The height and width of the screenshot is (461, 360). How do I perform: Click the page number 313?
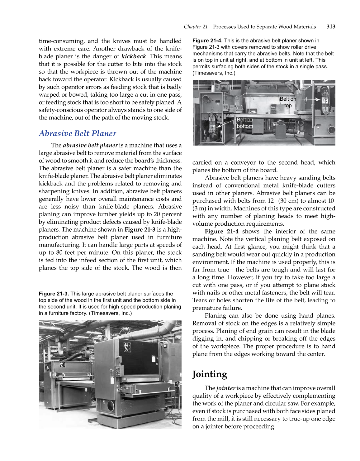pyautogui.click(x=331, y=27)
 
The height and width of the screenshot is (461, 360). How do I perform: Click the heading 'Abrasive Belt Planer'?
pyautogui.click(x=77, y=133)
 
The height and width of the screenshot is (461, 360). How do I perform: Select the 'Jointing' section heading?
pyautogui.click(x=210, y=374)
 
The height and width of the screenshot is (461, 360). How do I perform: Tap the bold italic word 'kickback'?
pyautogui.click(x=134, y=56)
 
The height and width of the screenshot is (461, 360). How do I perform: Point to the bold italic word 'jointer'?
pyautogui.click(x=226, y=388)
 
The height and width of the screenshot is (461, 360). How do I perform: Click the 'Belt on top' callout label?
pyautogui.click(x=288, y=102)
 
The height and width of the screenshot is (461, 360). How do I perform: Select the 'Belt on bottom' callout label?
pyautogui.click(x=245, y=123)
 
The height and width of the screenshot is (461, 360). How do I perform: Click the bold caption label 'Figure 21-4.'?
pyautogui.click(x=207, y=41)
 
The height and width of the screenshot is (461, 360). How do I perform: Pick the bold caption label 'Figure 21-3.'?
pyautogui.click(x=54, y=294)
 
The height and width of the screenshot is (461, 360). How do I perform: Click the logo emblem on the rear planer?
pyautogui.click(x=62, y=364)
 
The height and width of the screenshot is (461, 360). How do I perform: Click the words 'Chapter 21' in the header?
pyautogui.click(x=196, y=27)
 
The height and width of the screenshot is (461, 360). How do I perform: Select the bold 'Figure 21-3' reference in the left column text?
pyautogui.click(x=140, y=230)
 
